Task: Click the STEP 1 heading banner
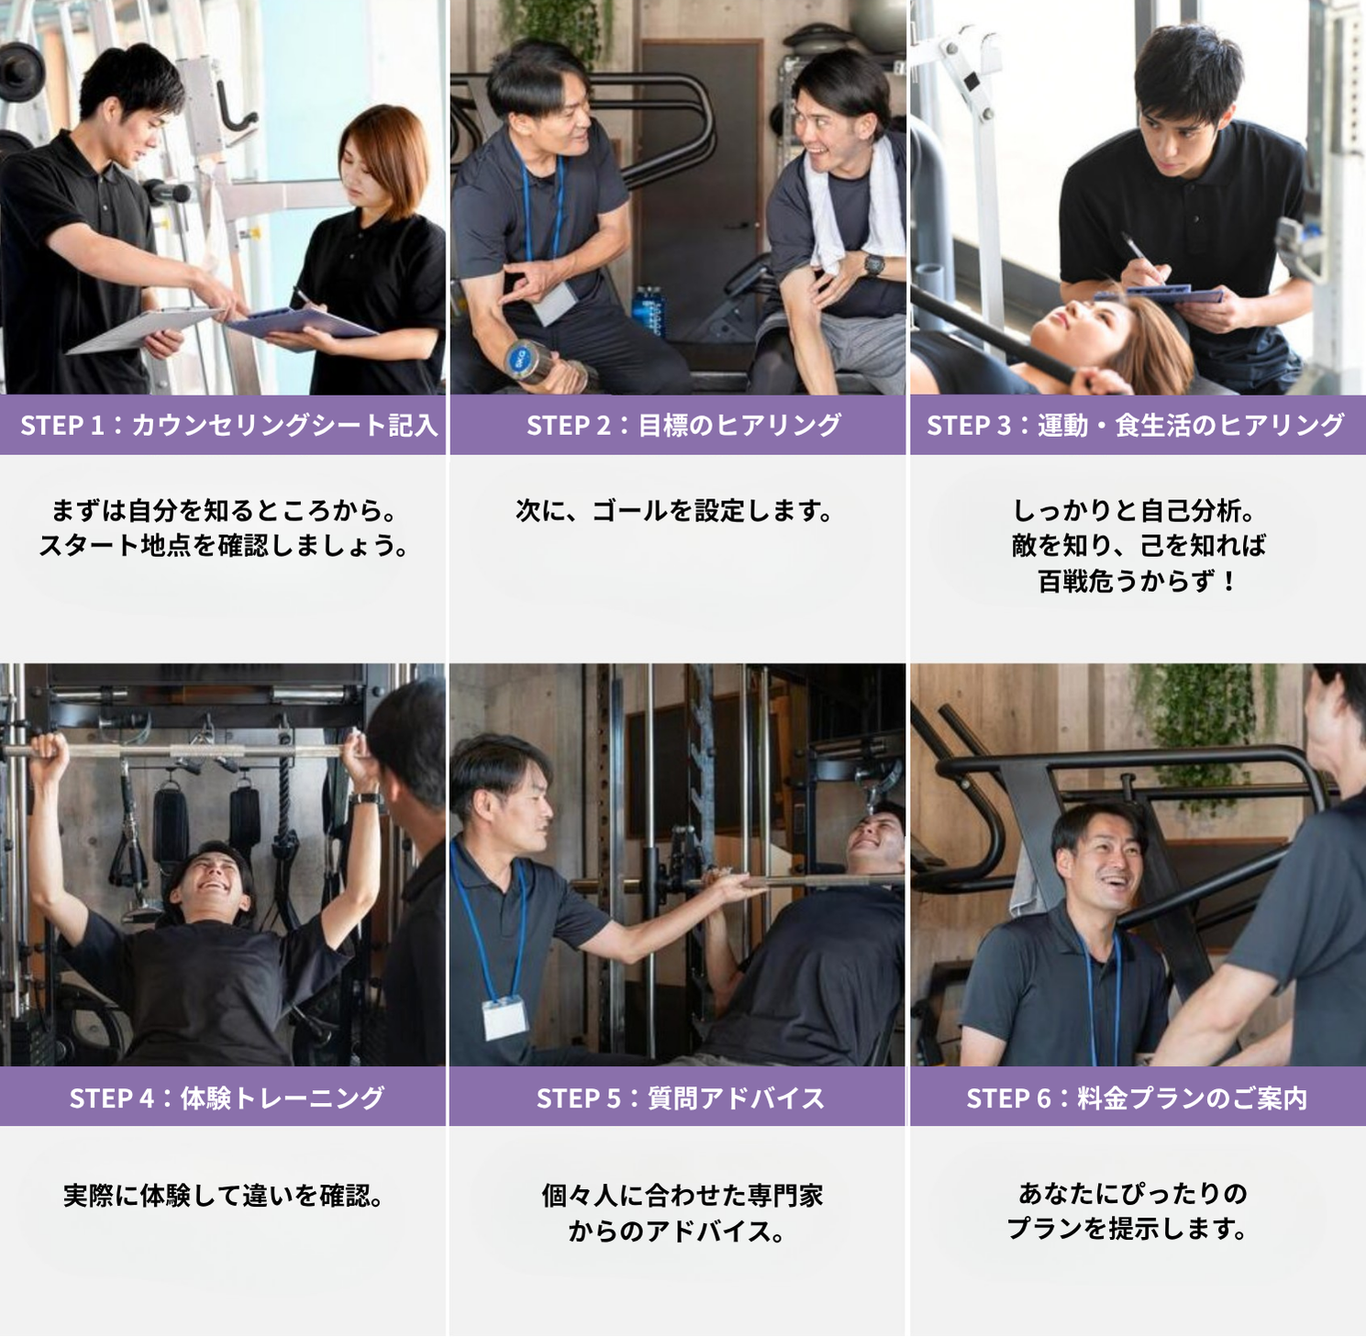(223, 425)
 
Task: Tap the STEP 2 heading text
(683, 426)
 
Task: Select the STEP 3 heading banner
(1138, 425)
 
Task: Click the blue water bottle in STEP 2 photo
(650, 309)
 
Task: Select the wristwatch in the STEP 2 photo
(874, 264)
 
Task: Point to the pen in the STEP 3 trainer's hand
(1141, 255)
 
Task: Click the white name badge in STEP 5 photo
(505, 1017)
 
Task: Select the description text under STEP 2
(674, 510)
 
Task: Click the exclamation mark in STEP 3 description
(1227, 581)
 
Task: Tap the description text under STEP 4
(223, 1196)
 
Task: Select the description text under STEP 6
(1129, 1211)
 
